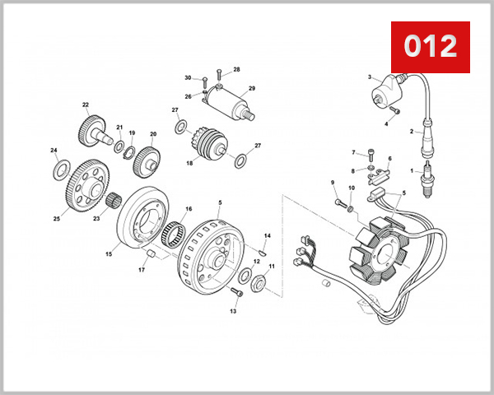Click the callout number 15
click(108, 254)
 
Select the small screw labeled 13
click(238, 294)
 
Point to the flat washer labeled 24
click(60, 170)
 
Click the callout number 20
click(152, 134)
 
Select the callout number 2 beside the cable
click(411, 131)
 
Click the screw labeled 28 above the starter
click(218, 76)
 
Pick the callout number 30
click(188, 78)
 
